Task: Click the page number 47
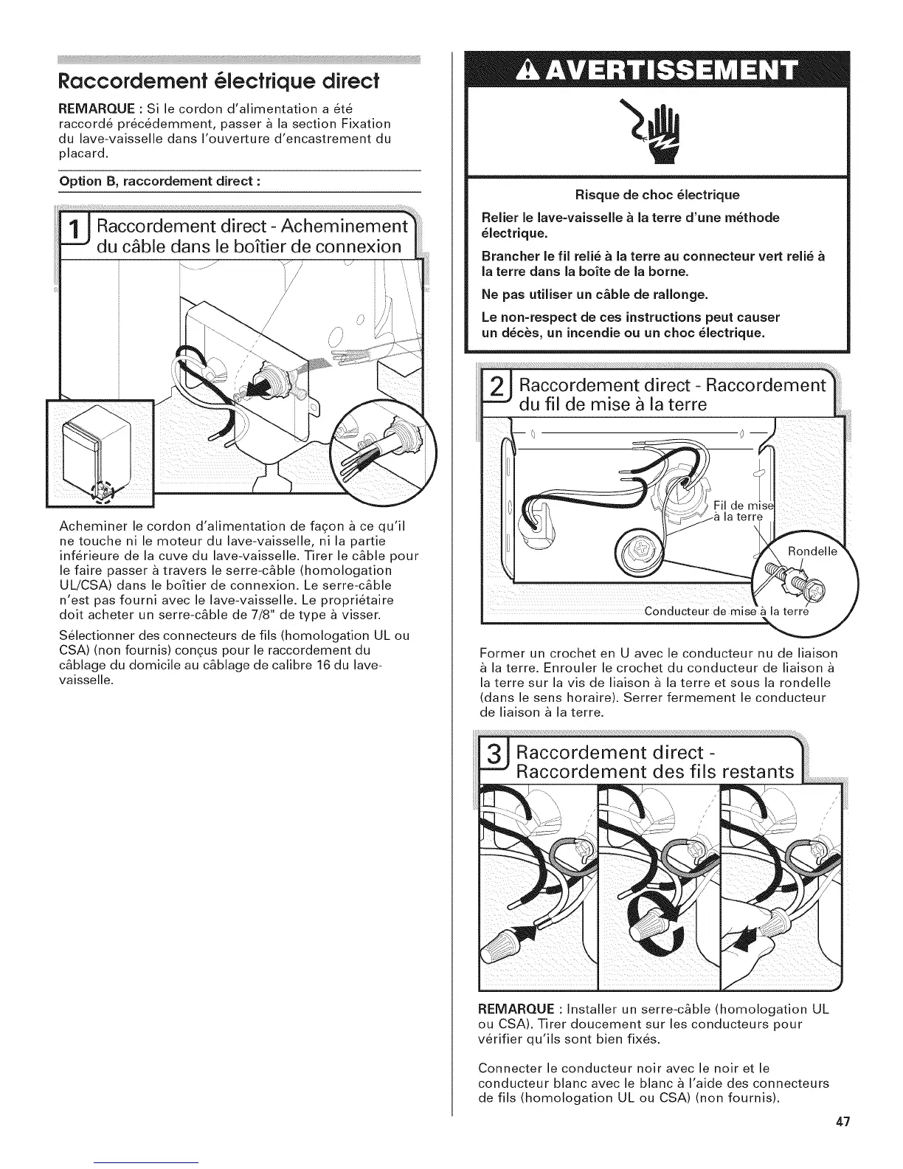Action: click(843, 1123)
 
